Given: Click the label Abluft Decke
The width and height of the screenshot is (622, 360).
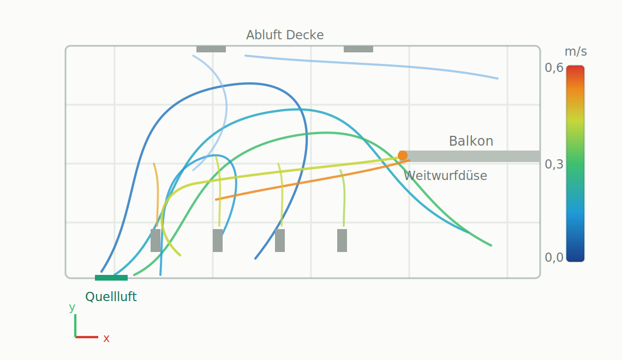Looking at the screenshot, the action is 285,35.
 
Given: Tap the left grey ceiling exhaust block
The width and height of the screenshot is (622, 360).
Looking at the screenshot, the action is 211,49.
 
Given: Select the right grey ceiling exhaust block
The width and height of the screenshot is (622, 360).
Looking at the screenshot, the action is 358,49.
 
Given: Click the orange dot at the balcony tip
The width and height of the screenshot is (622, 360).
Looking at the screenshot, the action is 403,155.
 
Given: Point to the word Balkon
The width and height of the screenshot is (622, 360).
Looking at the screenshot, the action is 471,141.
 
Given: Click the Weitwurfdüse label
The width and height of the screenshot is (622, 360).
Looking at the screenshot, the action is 445,176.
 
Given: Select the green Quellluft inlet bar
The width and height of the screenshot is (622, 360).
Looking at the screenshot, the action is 111,278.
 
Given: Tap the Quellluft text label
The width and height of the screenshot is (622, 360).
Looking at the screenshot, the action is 111,297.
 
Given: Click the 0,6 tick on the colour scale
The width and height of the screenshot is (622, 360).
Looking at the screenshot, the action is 554,68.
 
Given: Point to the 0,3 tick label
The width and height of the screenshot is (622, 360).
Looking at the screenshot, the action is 554,164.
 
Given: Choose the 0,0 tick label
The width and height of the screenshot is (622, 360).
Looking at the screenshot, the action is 554,257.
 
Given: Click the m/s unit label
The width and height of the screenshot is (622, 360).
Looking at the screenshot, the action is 576,51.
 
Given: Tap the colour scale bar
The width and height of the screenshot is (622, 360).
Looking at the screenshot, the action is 575,163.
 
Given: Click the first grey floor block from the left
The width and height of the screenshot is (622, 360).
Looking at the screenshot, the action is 155,240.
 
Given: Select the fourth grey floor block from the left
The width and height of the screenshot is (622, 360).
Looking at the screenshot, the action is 342,240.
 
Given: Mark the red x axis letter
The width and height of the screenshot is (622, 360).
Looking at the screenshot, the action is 106,339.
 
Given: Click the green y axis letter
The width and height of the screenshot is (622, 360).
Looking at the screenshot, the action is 72,307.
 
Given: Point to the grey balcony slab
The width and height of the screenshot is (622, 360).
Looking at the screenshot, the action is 471,156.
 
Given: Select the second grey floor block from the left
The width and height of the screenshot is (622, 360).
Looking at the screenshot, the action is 217,240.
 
